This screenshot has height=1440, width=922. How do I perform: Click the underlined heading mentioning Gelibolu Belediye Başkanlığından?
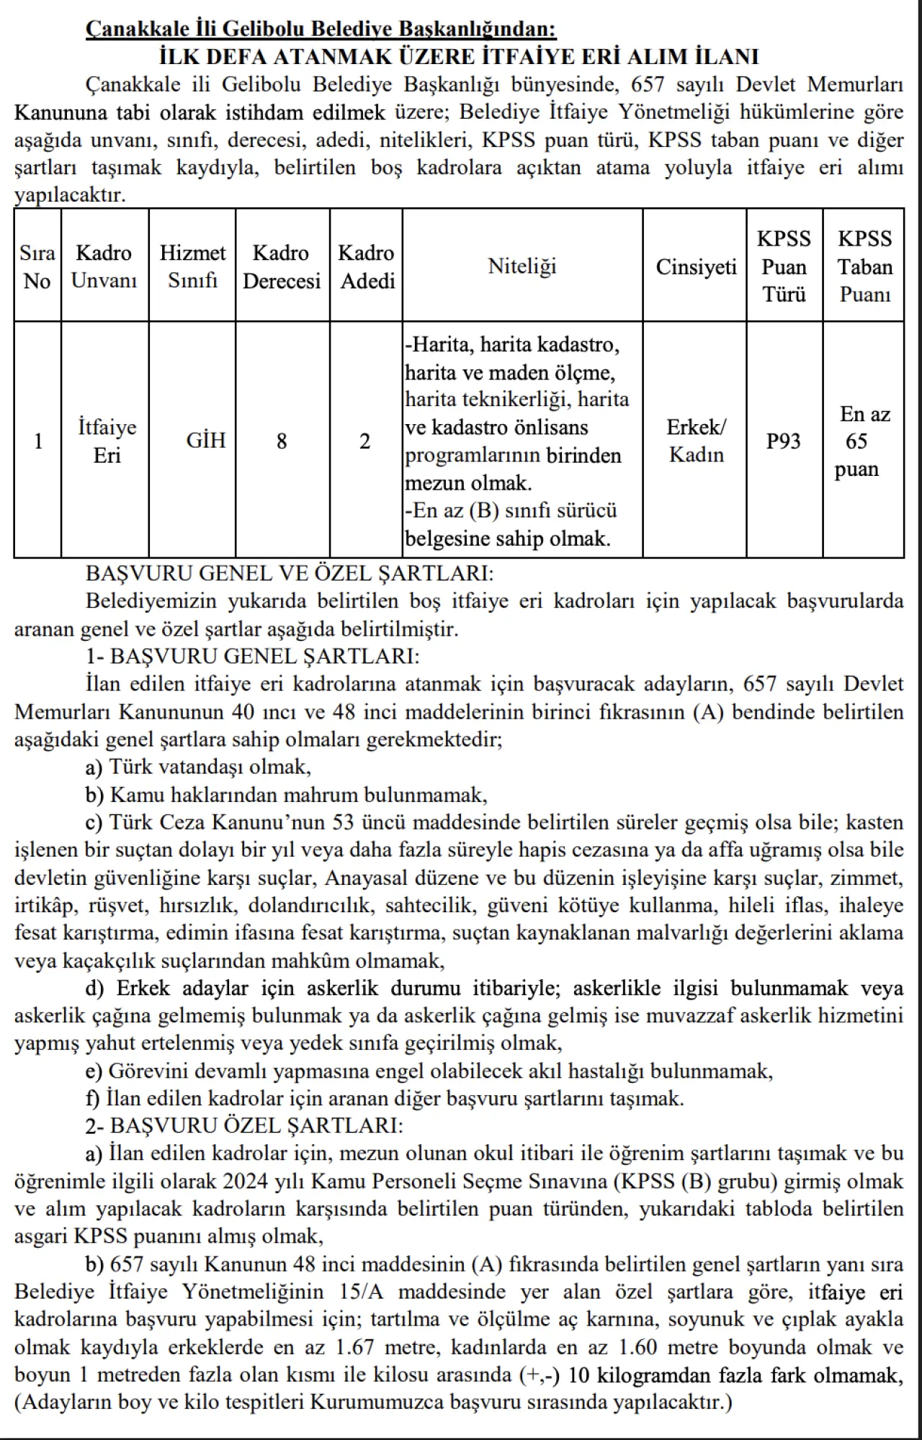click(321, 29)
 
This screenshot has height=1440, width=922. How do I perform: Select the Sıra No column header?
click(37, 266)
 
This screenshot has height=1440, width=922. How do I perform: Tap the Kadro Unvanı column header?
click(104, 266)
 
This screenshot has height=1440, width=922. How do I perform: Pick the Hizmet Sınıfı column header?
click(192, 266)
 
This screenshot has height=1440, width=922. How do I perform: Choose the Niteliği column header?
click(522, 266)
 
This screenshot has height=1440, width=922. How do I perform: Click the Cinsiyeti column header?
click(696, 266)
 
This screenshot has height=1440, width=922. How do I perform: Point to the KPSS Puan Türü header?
click(784, 266)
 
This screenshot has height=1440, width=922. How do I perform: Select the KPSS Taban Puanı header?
click(864, 266)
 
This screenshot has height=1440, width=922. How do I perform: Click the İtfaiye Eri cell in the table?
click(107, 441)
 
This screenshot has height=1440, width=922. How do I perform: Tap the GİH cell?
click(206, 441)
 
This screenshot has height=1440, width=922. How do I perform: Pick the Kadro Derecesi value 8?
click(282, 441)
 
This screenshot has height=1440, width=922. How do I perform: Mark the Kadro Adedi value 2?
click(365, 441)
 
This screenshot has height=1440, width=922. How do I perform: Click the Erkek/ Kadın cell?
click(696, 441)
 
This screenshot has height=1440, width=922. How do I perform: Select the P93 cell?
click(784, 441)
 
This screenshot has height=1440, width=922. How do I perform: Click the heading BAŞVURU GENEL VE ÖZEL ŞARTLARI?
click(290, 573)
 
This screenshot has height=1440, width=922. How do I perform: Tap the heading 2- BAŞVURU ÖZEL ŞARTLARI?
click(244, 1126)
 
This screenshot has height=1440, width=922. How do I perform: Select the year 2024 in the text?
click(246, 1182)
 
